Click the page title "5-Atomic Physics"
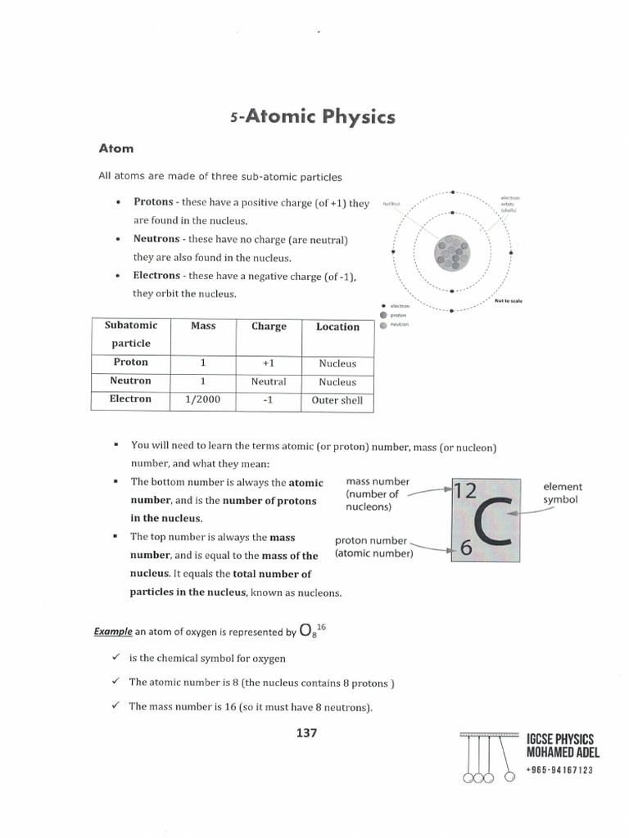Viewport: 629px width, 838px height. pyautogui.click(x=312, y=117)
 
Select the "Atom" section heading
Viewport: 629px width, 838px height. pyautogui.click(x=116, y=149)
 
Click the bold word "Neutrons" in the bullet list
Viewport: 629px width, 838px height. pyautogui.click(x=157, y=239)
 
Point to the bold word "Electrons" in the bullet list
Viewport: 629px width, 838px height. pyautogui.click(x=157, y=276)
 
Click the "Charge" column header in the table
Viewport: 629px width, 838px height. pyautogui.click(x=269, y=326)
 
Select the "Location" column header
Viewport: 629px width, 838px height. pyautogui.click(x=337, y=327)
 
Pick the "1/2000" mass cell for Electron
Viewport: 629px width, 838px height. pyautogui.click(x=203, y=399)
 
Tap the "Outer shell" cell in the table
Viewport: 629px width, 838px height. pyautogui.click(x=337, y=400)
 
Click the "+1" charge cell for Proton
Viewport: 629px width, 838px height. pyautogui.click(x=269, y=363)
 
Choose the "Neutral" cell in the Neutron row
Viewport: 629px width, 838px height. pyautogui.click(x=269, y=381)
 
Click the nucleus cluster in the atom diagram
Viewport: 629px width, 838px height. pyautogui.click(x=453, y=252)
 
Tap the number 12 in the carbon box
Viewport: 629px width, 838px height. pyautogui.click(x=464, y=490)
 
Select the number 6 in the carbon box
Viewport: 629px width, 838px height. pyautogui.click(x=465, y=550)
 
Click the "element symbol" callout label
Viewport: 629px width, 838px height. pyautogui.click(x=562, y=493)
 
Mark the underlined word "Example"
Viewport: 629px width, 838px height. pyautogui.click(x=112, y=632)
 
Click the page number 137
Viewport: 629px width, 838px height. pyautogui.click(x=306, y=732)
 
